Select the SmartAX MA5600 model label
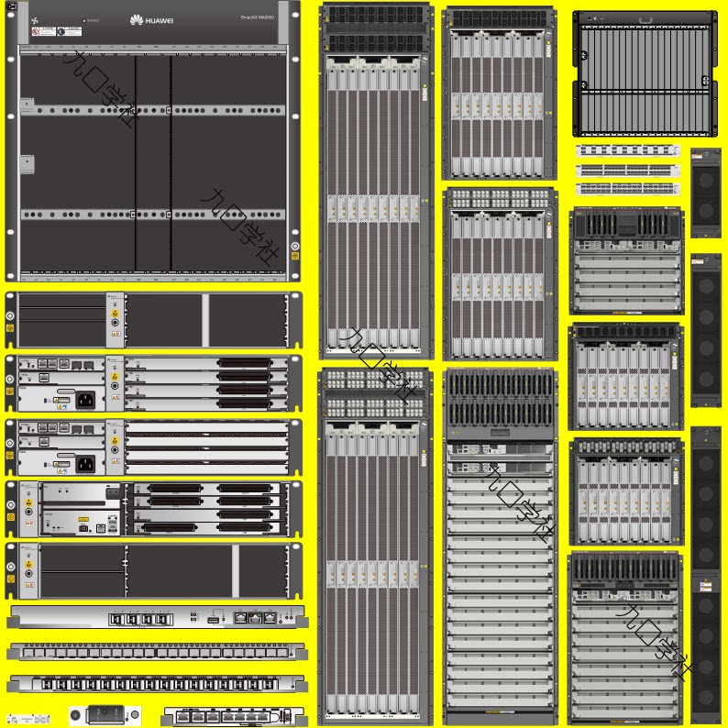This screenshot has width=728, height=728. point(258,17)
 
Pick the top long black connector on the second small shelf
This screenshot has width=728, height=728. point(245,363)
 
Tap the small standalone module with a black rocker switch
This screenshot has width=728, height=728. point(104,713)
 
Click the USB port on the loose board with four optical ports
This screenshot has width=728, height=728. point(213,620)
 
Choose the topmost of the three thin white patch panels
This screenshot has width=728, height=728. point(628,149)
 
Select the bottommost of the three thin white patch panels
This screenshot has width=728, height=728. point(628,189)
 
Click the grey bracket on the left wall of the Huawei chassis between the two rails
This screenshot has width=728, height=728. point(27,166)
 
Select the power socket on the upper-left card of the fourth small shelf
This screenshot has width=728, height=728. point(112,492)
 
